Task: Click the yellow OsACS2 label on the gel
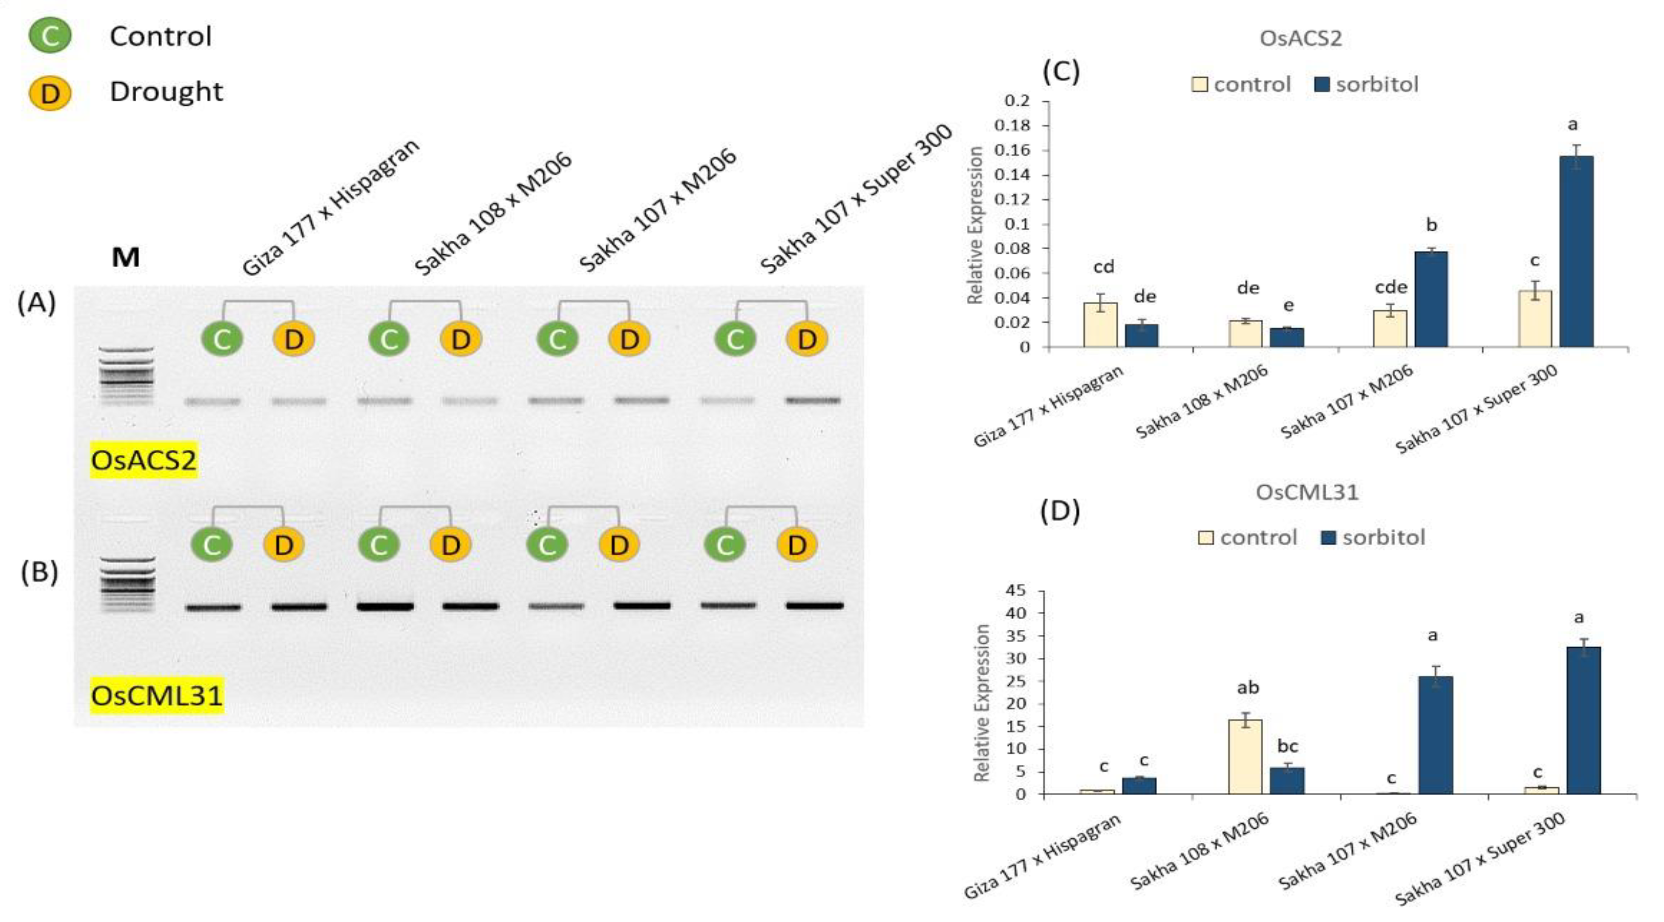coord(144,461)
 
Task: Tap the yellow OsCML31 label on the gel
coord(157,696)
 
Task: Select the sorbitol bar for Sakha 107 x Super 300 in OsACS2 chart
coord(1576,252)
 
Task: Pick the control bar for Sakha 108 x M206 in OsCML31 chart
coord(1245,757)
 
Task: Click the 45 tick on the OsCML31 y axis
coord(1020,591)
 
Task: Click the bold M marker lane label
coord(125,258)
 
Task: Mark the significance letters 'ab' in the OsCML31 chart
coord(1247,688)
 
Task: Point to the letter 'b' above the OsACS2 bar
coord(1431,225)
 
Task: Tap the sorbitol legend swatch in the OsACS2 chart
coord(1322,85)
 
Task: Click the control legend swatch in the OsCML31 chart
coord(1205,538)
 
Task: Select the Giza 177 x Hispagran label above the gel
coord(331,207)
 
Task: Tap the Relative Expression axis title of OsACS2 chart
coord(975,225)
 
